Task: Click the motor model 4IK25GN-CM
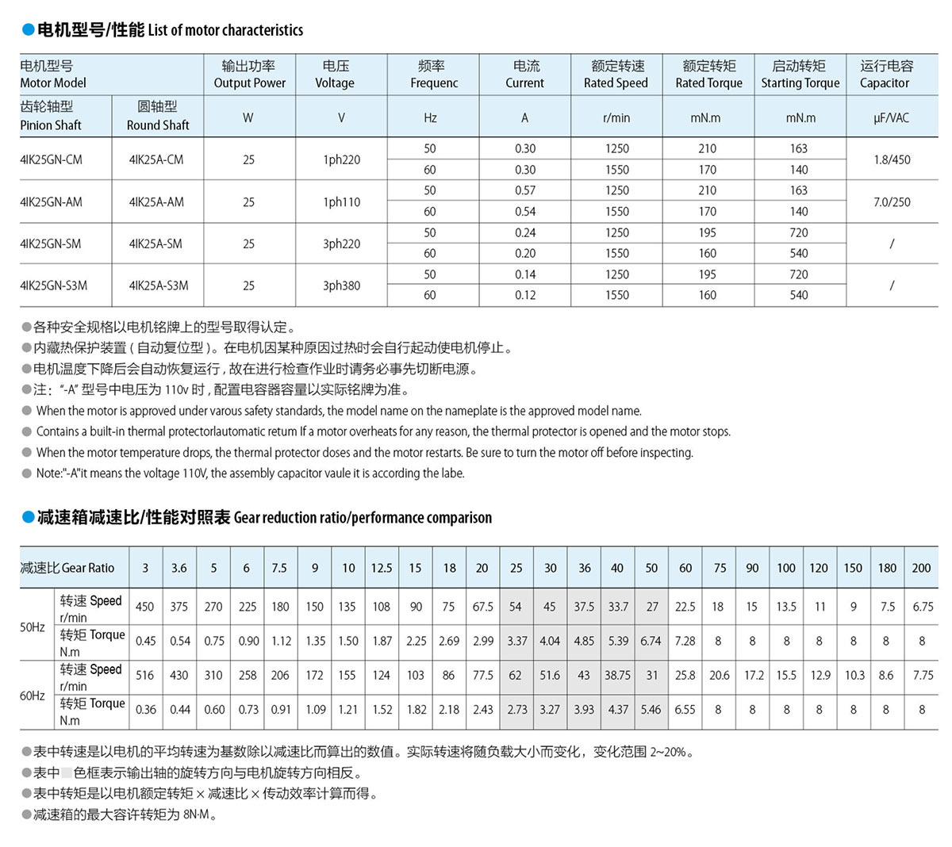[51, 159]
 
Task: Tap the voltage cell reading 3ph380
[341, 286]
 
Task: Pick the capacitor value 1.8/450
[892, 159]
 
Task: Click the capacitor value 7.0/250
[892, 201]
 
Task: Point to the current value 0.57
[524, 190]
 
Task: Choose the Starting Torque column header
[800, 74]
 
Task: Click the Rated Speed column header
[616, 74]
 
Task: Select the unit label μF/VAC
[892, 117]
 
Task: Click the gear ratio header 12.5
[382, 568]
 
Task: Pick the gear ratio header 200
[921, 568]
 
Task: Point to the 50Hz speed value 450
[144, 607]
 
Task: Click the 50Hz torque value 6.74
[651, 641]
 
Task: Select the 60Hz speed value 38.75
[617, 675]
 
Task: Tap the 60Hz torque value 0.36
[146, 710]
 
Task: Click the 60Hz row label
[33, 696]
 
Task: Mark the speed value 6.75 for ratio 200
[923, 607]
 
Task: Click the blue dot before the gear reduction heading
[28, 518]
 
